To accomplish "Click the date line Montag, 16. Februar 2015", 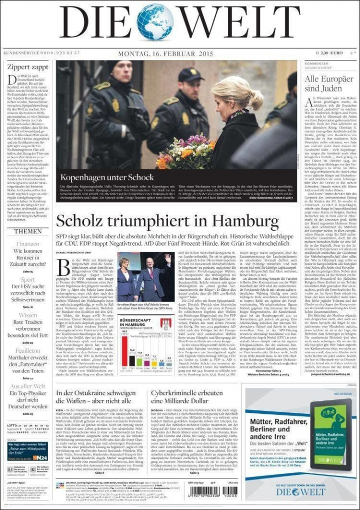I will (x=165, y=53).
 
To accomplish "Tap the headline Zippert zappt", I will (x=28, y=67).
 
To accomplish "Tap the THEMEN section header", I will (x=28, y=231).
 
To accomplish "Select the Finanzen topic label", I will (x=28, y=244).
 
